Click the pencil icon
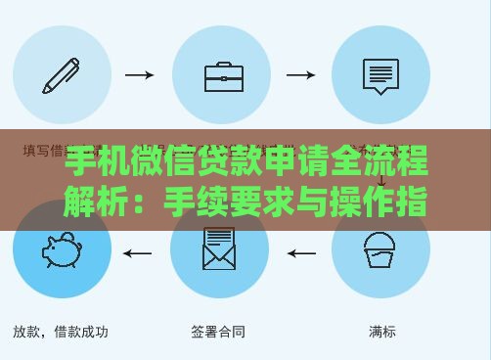click(62, 74)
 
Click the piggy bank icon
click(62, 250)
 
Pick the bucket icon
click(379, 250)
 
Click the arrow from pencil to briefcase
click(140, 74)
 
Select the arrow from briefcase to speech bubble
click(299, 74)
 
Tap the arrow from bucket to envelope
click(300, 254)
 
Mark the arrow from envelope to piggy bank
click(138, 254)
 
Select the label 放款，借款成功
click(61, 332)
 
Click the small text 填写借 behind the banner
click(43, 151)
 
